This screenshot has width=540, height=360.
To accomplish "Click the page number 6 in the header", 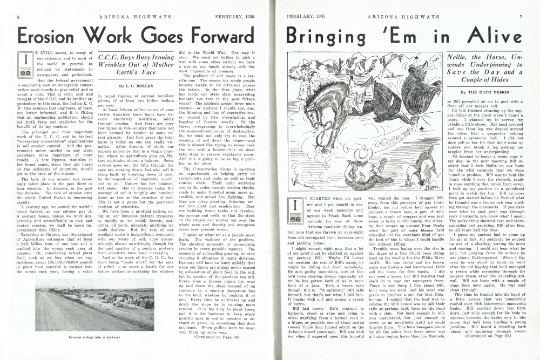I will coord(19,16).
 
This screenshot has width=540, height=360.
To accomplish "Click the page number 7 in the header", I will coord(521,16).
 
